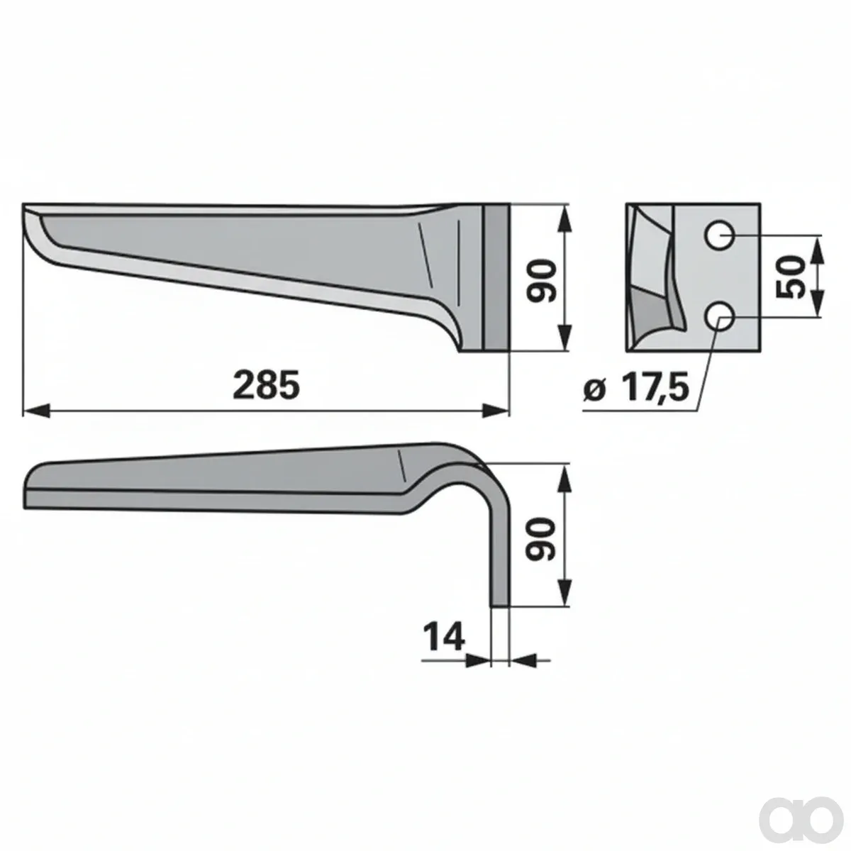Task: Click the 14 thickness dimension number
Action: tap(443, 637)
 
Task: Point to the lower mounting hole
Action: tap(719, 316)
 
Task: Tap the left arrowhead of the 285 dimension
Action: tap(35, 411)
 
